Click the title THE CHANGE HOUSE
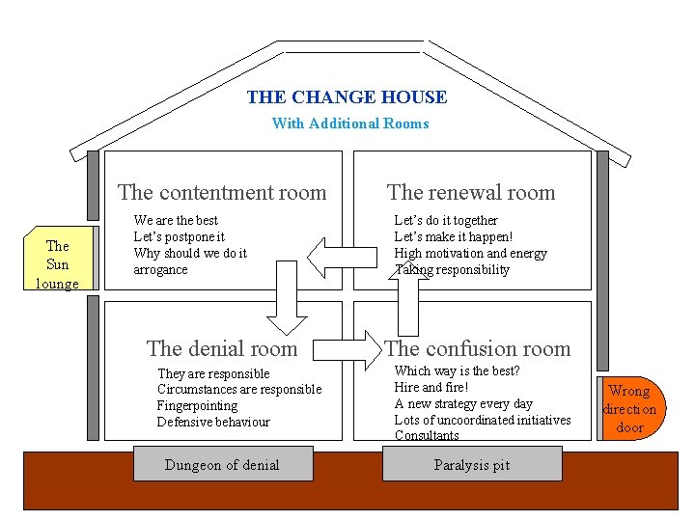tap(347, 97)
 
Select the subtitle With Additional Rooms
tap(349, 123)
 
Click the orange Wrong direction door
tap(629, 409)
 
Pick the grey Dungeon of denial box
tap(221, 465)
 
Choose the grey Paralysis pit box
tap(471, 465)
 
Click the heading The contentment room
tap(222, 193)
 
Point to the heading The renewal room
tap(471, 193)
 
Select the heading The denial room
tap(222, 348)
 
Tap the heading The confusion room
tap(478, 349)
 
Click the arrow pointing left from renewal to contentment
tap(342, 256)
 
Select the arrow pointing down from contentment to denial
tap(285, 293)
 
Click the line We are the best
tap(176, 221)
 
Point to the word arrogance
tap(160, 270)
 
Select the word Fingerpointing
tap(197, 406)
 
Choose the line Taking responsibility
tap(452, 270)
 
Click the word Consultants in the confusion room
tap(427, 436)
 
